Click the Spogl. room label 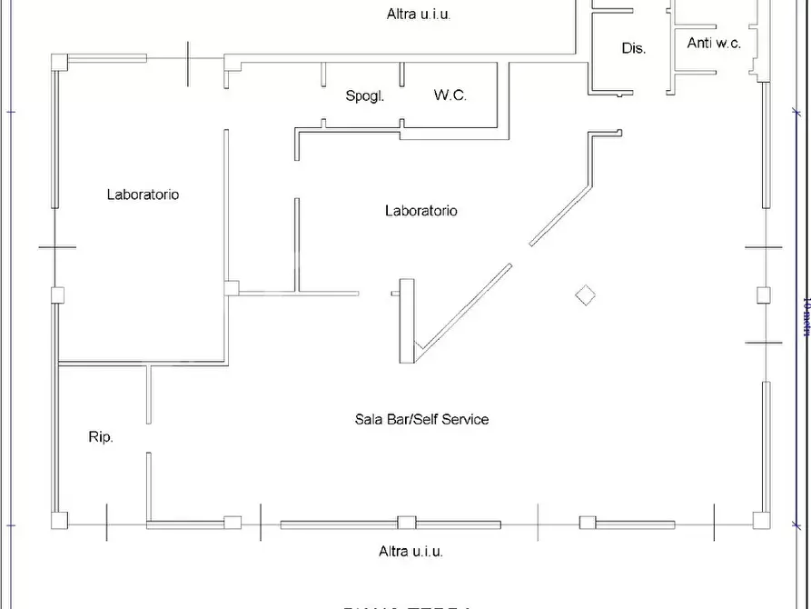(x=365, y=95)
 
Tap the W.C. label (x=450, y=95)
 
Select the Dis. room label (x=634, y=48)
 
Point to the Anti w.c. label (x=714, y=43)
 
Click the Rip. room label (x=101, y=437)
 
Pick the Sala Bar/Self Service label (x=421, y=419)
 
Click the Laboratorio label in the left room (x=143, y=194)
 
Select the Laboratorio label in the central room (x=421, y=211)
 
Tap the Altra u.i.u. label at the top (x=419, y=14)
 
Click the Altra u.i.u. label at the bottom (x=410, y=551)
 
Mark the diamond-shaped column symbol (x=586, y=295)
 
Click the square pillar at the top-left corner (x=59, y=62)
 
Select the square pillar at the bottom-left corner (x=59, y=521)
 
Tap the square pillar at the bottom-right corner (x=761, y=520)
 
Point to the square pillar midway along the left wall (x=58, y=295)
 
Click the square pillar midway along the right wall (x=763, y=295)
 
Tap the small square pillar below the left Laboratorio (x=232, y=288)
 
